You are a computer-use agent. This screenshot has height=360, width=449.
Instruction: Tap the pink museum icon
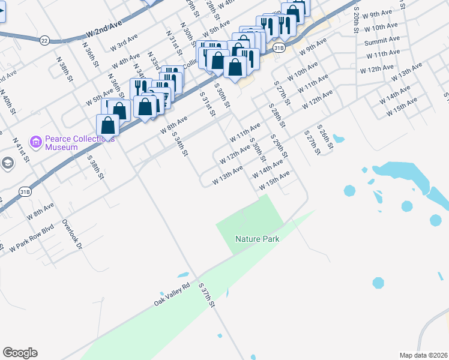pos(36,142)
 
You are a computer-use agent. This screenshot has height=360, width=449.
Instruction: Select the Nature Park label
pos(257,239)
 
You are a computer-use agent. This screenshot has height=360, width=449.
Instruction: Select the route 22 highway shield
pos(44,40)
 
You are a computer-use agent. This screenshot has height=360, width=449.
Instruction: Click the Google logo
pos(20,353)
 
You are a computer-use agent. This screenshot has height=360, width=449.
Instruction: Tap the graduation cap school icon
pos(7,163)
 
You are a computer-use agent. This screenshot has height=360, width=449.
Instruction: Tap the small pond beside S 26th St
pos(338,139)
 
